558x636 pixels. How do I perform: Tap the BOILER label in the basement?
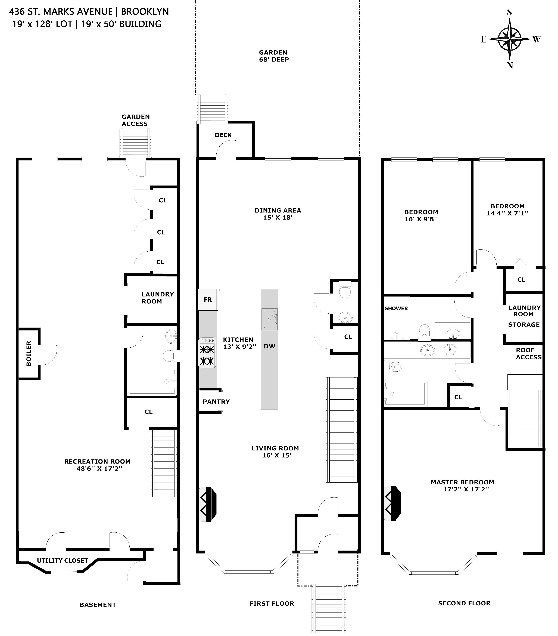click(x=29, y=353)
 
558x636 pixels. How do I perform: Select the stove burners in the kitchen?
click(x=207, y=353)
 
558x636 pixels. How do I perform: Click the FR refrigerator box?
click(x=208, y=300)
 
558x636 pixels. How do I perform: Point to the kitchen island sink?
click(x=269, y=319)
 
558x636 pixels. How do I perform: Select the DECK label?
click(x=223, y=135)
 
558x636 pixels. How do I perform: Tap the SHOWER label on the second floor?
click(x=396, y=308)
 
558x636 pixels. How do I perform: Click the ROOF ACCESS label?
click(x=528, y=353)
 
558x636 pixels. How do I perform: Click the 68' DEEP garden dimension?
click(x=274, y=59)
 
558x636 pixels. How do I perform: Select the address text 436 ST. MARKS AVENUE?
click(x=61, y=11)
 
